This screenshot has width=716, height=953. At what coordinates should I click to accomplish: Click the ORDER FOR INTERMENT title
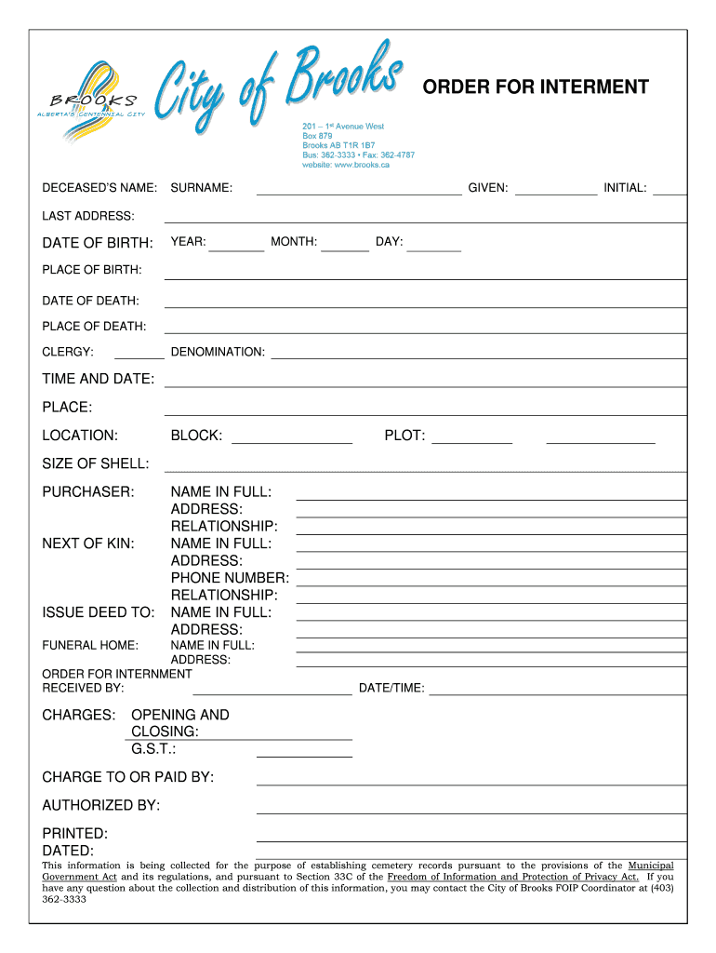(x=536, y=87)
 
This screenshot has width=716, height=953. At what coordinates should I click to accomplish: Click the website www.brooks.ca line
(x=345, y=165)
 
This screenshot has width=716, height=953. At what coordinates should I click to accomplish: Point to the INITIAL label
(x=625, y=188)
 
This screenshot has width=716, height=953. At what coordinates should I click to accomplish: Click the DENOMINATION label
(x=218, y=352)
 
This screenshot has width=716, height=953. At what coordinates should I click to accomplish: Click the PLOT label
(x=404, y=436)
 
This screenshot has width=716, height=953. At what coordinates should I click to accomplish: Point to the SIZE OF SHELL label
(x=96, y=463)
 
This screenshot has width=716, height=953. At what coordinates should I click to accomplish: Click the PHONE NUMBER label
(x=230, y=578)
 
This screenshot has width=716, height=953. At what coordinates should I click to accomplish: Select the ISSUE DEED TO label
(x=99, y=612)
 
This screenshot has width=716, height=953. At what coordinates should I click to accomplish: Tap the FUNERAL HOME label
(x=90, y=645)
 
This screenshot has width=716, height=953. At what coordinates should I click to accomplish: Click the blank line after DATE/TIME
(x=558, y=691)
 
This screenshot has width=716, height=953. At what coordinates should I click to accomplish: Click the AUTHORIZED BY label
(x=101, y=805)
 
